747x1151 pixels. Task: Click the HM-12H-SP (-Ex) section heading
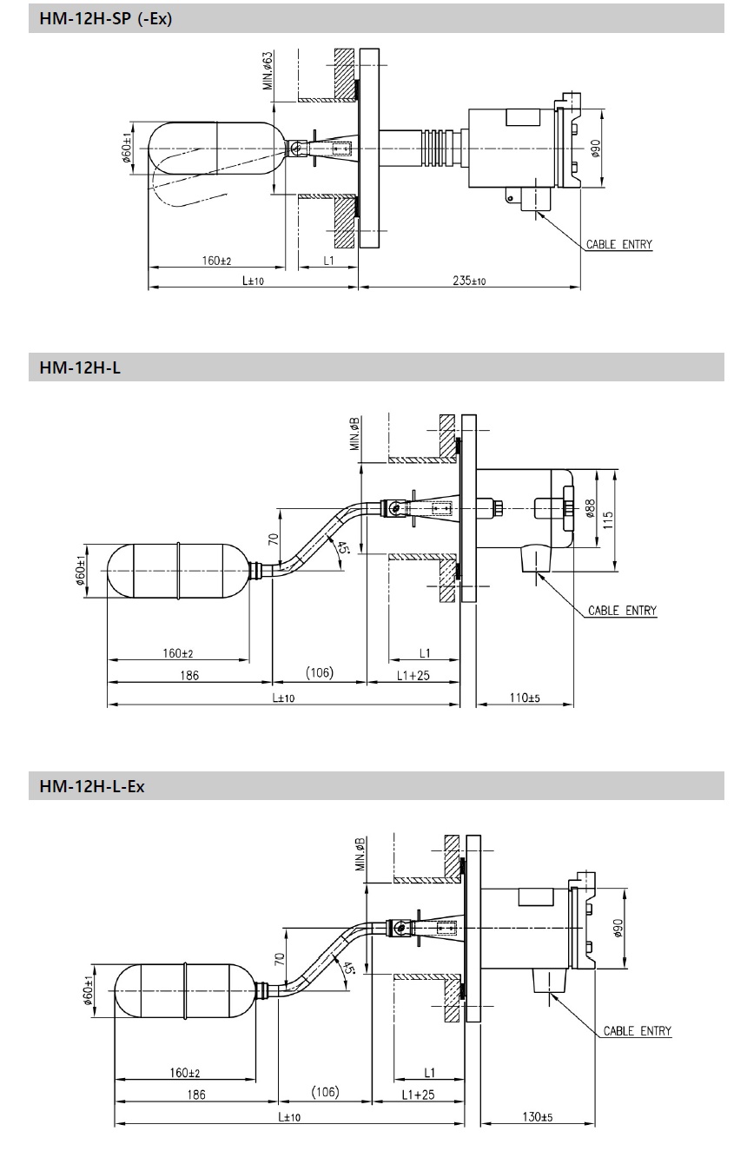tap(105, 18)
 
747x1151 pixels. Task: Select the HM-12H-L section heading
tap(80, 368)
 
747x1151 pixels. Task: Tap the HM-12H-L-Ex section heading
tap(91, 786)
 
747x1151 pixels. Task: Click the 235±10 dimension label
tap(469, 281)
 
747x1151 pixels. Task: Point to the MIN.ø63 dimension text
tap(268, 71)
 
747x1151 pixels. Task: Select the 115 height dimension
tap(608, 520)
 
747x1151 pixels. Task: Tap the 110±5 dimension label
tap(525, 698)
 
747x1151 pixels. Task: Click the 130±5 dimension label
tap(538, 1116)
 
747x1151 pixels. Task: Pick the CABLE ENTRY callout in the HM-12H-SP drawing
tap(619, 245)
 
